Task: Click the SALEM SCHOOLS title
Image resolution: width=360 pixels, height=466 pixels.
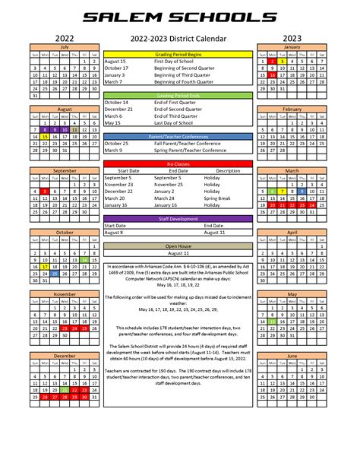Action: coord(180,16)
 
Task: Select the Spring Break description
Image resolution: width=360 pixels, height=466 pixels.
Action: coord(227,198)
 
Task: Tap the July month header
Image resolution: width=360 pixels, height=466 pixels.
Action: coord(64,47)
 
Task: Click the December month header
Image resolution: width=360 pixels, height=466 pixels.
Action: coord(64,355)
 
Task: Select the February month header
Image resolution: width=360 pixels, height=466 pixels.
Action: coord(292,109)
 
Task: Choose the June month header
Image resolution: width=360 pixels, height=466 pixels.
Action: coord(292,355)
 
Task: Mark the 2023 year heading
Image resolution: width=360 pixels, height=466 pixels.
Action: coord(292,36)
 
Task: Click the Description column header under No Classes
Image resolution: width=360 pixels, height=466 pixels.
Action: coord(227,170)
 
